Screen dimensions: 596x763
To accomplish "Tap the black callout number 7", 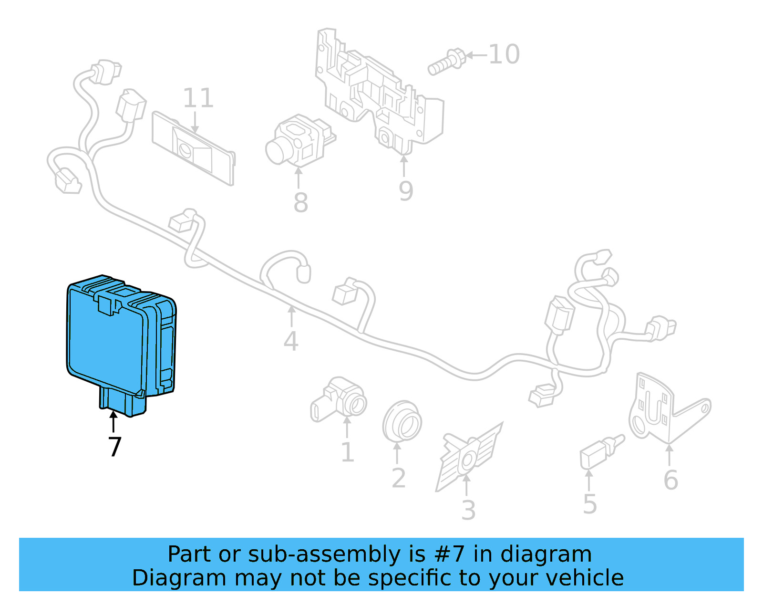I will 114,447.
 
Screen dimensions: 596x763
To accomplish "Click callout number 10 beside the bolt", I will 504,54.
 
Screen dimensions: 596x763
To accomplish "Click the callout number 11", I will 198,98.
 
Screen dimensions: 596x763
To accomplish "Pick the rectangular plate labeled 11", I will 193,148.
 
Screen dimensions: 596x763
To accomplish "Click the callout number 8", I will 300,203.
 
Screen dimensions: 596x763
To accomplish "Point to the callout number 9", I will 406,191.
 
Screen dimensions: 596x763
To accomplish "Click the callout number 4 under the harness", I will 291,342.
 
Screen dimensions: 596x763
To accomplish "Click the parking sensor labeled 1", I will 339,401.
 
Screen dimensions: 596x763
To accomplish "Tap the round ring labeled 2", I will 402,421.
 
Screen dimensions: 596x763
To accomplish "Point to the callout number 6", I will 670,480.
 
